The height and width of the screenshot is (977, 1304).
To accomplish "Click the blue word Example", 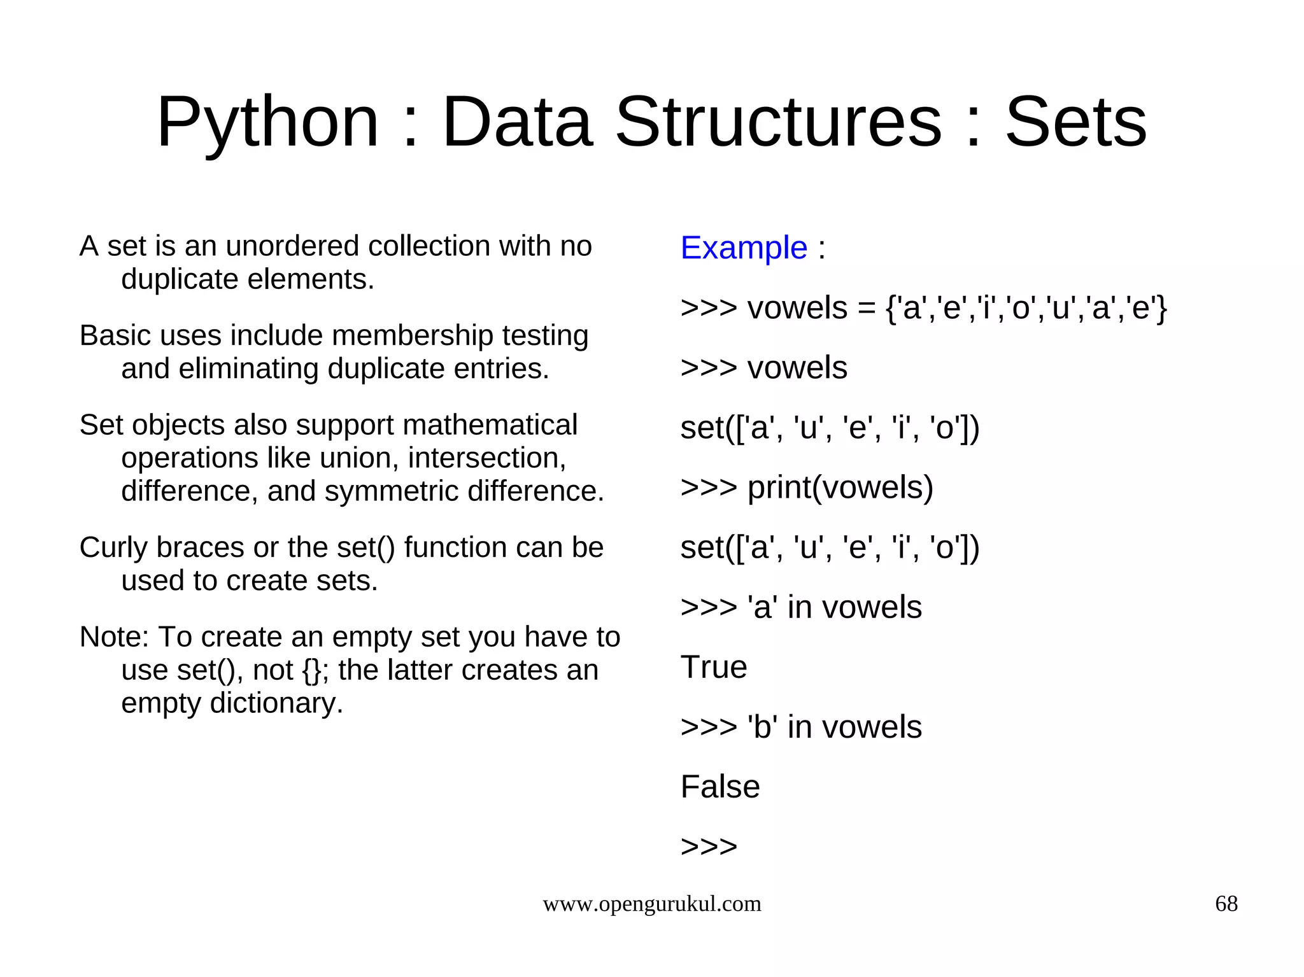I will click(x=744, y=248).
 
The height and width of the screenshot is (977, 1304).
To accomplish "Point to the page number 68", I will click(x=1226, y=903).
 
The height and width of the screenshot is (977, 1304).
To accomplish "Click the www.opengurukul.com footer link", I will click(x=651, y=903).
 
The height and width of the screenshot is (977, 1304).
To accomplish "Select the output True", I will click(x=713, y=667).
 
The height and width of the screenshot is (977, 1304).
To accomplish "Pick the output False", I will click(x=719, y=787).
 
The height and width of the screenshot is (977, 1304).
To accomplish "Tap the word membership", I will click(x=361, y=335).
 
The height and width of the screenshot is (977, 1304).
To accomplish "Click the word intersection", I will click(x=486, y=458).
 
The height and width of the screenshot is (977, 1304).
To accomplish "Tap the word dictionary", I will click(x=276, y=703).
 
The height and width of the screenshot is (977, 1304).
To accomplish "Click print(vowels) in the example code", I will click(x=840, y=488).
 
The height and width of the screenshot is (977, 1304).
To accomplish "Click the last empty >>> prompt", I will click(x=708, y=847).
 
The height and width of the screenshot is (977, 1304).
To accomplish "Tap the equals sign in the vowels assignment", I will click(x=866, y=309).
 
